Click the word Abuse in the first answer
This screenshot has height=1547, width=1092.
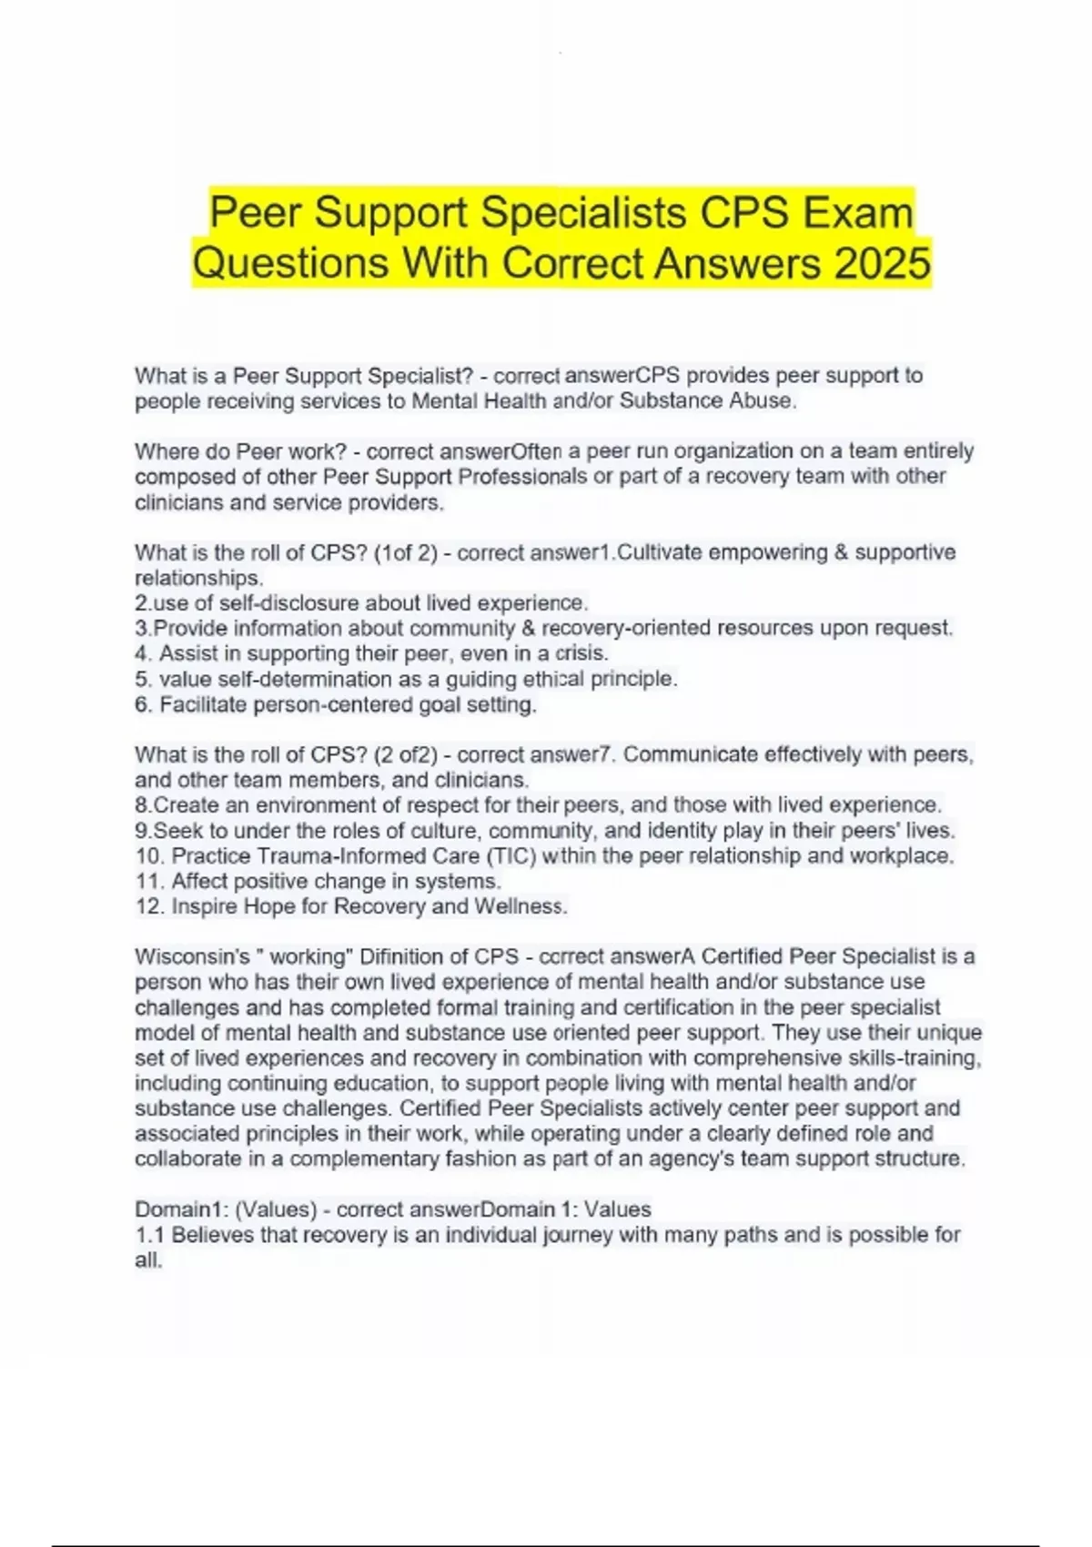coord(763,401)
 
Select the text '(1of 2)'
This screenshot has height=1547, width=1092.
coord(406,552)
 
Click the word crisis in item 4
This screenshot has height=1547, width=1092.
coord(580,653)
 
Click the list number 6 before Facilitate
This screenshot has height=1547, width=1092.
coord(142,704)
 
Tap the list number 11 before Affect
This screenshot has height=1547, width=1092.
coord(147,881)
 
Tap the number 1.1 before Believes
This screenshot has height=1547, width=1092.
coord(149,1235)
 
